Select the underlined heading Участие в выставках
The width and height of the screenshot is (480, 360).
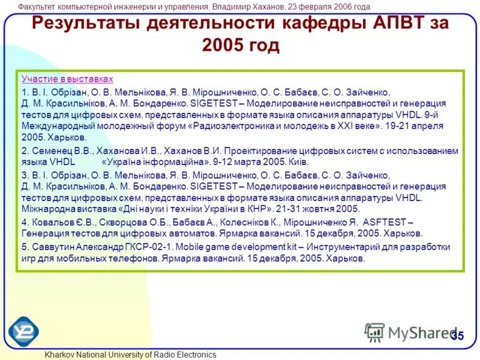(x=67, y=79)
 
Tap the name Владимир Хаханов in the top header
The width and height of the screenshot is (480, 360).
(x=246, y=7)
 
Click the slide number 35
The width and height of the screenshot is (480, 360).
(x=458, y=335)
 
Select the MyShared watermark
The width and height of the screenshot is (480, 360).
(x=414, y=332)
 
